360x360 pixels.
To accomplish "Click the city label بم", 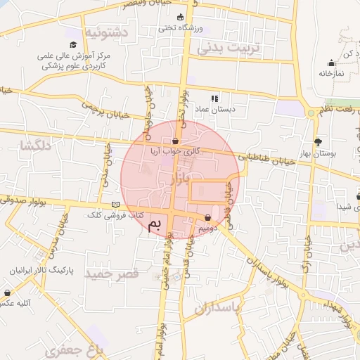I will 155,224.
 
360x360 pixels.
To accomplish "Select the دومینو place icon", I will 208,217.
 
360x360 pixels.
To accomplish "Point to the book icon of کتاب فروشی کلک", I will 115,205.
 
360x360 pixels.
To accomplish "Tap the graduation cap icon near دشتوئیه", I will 73,44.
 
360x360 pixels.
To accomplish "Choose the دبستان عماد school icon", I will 214,98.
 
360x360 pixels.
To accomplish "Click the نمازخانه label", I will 330,73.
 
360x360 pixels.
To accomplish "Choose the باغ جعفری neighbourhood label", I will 79,348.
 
